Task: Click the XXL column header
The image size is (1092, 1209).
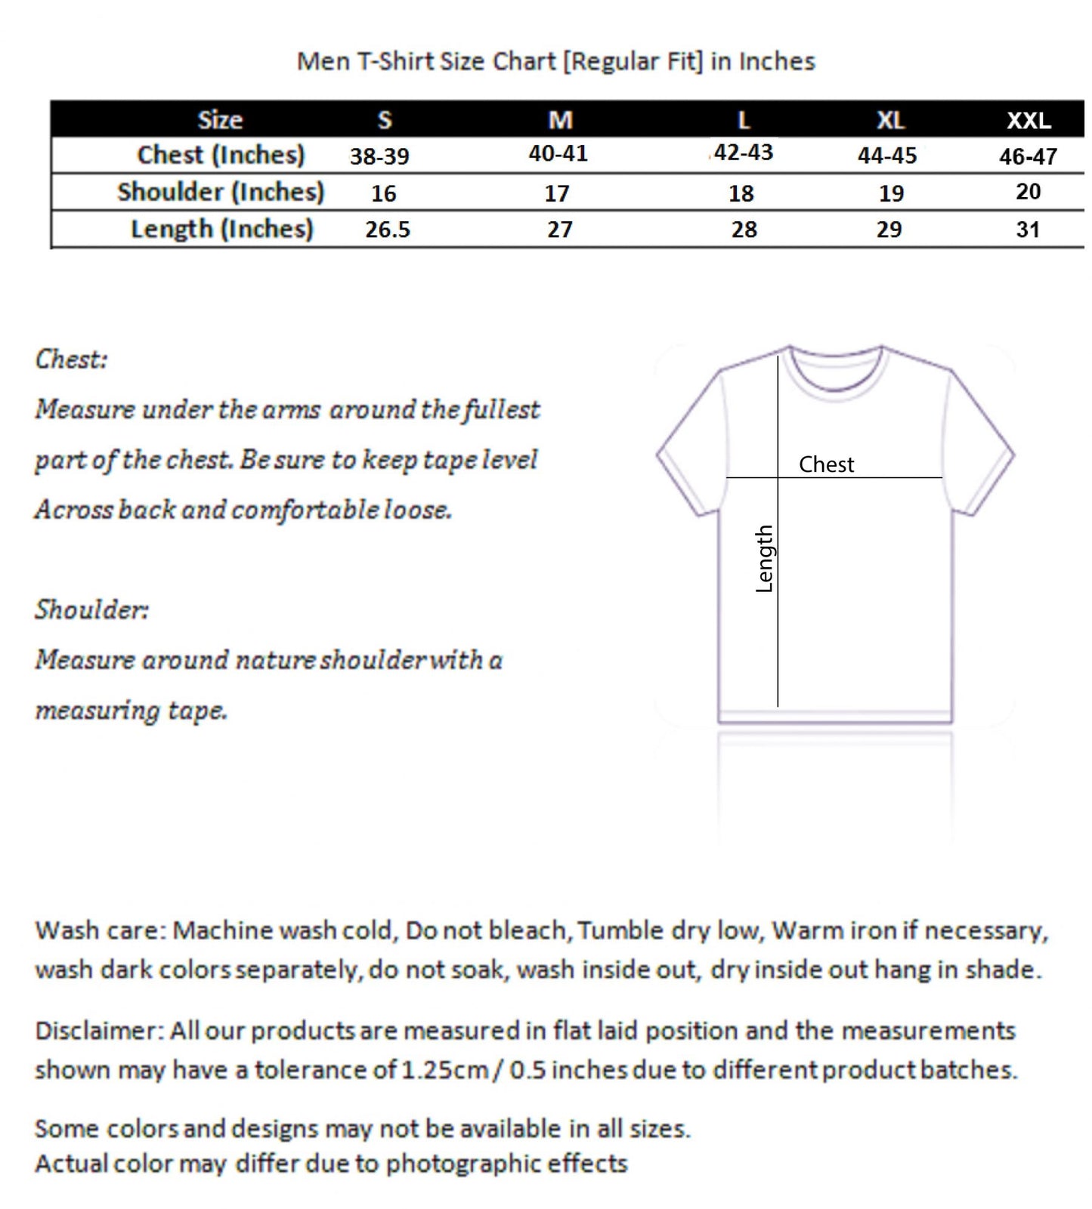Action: tap(1028, 120)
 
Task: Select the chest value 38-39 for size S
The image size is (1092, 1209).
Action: tap(379, 156)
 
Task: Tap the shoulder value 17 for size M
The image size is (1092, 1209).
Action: tap(557, 193)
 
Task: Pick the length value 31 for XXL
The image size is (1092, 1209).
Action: tap(1028, 229)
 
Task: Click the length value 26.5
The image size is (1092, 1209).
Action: tap(388, 229)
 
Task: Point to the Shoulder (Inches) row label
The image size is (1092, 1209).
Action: tap(221, 192)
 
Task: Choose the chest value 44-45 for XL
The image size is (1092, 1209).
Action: tap(887, 156)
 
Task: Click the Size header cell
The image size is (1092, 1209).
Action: tap(220, 120)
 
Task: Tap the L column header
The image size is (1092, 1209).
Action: tap(744, 120)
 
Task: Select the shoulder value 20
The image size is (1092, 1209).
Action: tap(1028, 192)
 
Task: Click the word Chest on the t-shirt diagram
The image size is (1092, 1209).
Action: tap(826, 464)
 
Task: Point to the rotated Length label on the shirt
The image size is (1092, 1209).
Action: tap(765, 559)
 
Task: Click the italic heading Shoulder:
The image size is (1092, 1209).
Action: tap(92, 609)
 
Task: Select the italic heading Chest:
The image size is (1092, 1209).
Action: tap(72, 359)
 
